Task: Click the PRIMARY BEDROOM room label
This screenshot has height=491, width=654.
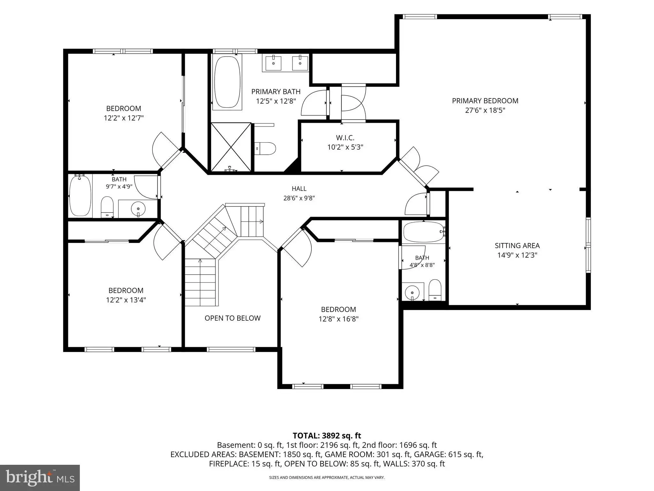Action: click(x=485, y=101)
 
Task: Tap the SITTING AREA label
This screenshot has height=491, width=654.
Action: click(x=517, y=246)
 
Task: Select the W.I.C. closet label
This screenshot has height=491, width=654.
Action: click(x=345, y=138)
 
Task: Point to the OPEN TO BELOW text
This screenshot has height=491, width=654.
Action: click(x=232, y=318)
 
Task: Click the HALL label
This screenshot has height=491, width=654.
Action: click(x=299, y=189)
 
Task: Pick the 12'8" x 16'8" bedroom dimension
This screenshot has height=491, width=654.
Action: click(x=338, y=319)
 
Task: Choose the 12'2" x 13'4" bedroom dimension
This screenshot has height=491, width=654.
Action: click(x=126, y=300)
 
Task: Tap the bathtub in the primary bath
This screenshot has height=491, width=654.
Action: click(x=227, y=82)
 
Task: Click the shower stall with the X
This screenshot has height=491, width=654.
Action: click(x=231, y=147)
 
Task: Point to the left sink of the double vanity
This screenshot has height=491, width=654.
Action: click(x=274, y=63)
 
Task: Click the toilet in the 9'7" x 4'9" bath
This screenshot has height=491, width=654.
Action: click(x=107, y=207)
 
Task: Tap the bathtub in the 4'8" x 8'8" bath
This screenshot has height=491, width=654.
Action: click(x=424, y=232)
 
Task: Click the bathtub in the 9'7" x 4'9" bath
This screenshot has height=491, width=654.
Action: click(x=80, y=196)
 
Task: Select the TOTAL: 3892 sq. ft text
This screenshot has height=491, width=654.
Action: click(x=327, y=436)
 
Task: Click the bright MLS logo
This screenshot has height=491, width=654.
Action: click(x=40, y=478)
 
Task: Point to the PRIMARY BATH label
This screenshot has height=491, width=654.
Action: click(x=276, y=92)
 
